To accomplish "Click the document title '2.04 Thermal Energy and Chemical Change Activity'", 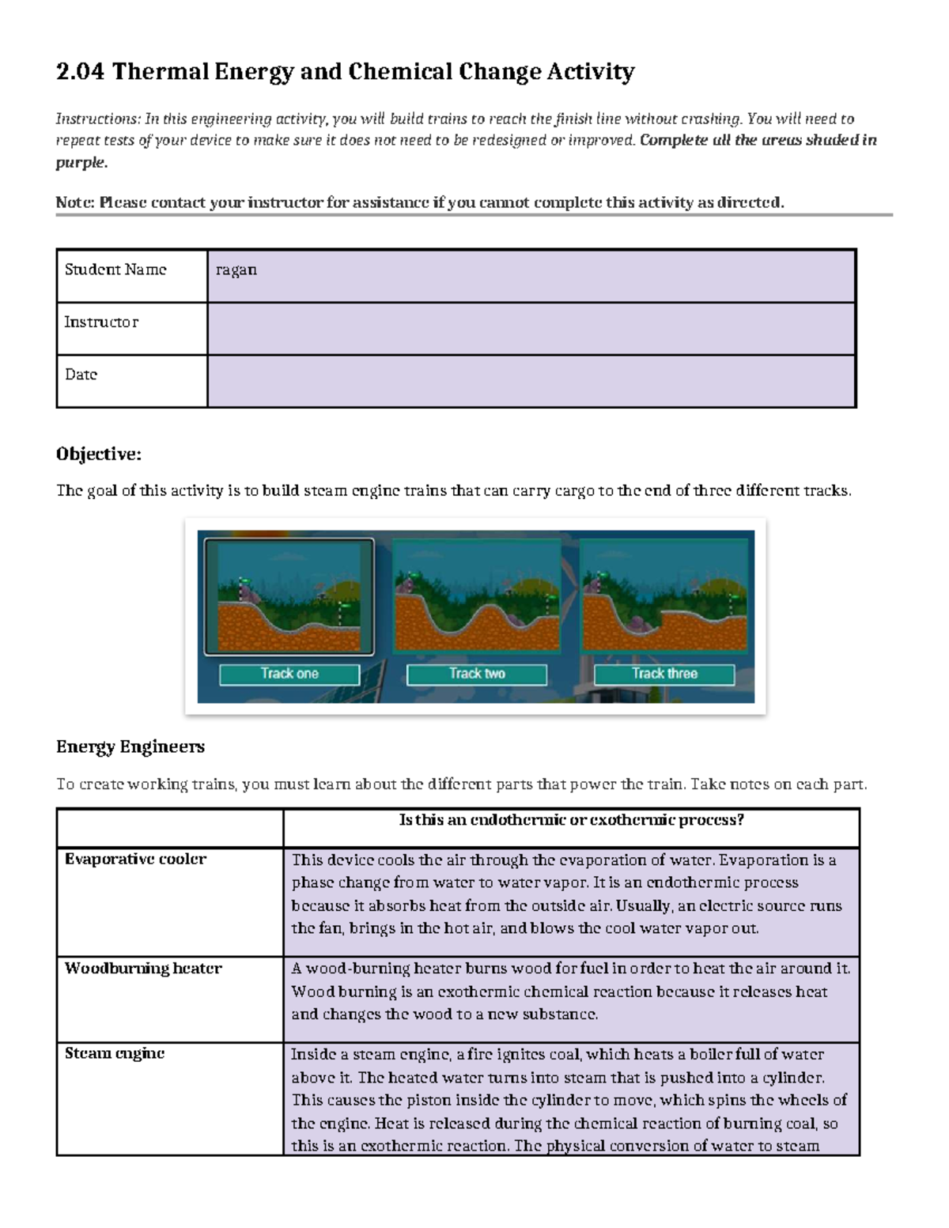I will coord(345,72).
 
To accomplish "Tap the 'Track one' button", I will coord(289,674).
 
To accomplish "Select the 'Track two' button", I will coord(477,674).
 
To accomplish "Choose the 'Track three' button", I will coord(664,674).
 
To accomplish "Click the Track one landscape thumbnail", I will coord(289,597).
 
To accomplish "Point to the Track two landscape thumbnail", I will coord(477,597).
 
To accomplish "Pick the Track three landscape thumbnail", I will coord(664,597).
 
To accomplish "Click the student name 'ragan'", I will coord(236,270).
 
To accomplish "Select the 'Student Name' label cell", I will coord(116,270).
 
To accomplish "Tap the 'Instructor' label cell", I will coord(101,323).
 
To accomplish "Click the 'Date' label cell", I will coord(81,375).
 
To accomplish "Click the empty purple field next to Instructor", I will coord(531,328).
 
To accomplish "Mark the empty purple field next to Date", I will coord(531,381).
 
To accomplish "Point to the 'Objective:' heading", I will coord(99,454).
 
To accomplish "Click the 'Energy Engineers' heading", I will coord(130,746).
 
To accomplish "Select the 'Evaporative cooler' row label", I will coord(135,860).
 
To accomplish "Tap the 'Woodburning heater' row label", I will coord(143,969).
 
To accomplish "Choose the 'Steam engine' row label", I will coord(115,1053).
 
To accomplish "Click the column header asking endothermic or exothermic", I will coord(571,821).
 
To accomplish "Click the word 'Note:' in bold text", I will coord(75,202).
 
